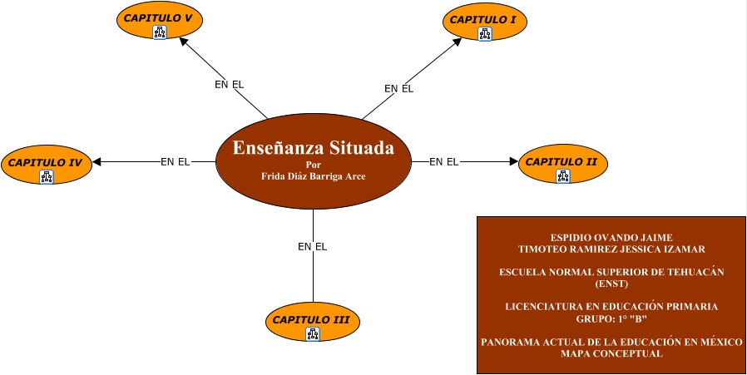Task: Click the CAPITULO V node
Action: click(x=160, y=17)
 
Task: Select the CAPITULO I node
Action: click(x=484, y=19)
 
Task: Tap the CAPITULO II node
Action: click(x=562, y=161)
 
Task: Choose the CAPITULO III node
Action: click(x=312, y=319)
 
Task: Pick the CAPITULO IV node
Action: click(x=46, y=162)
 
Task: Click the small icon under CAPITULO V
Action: click(x=160, y=32)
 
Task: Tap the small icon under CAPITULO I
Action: click(x=484, y=34)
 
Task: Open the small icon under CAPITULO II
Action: click(x=563, y=175)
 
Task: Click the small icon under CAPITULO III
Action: click(x=313, y=334)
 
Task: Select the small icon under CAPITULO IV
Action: click(x=47, y=176)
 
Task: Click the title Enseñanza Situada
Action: click(x=313, y=149)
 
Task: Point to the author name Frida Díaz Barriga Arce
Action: click(x=313, y=176)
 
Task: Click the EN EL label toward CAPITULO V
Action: click(x=229, y=85)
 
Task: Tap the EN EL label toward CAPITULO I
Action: click(x=398, y=89)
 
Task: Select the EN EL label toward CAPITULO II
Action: click(x=444, y=162)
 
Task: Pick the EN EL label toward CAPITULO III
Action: click(x=313, y=247)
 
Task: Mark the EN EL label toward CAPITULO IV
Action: click(x=176, y=162)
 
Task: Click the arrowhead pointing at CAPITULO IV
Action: click(x=96, y=162)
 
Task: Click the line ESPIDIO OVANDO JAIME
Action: click(x=611, y=238)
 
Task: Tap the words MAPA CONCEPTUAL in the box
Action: click(x=611, y=353)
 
